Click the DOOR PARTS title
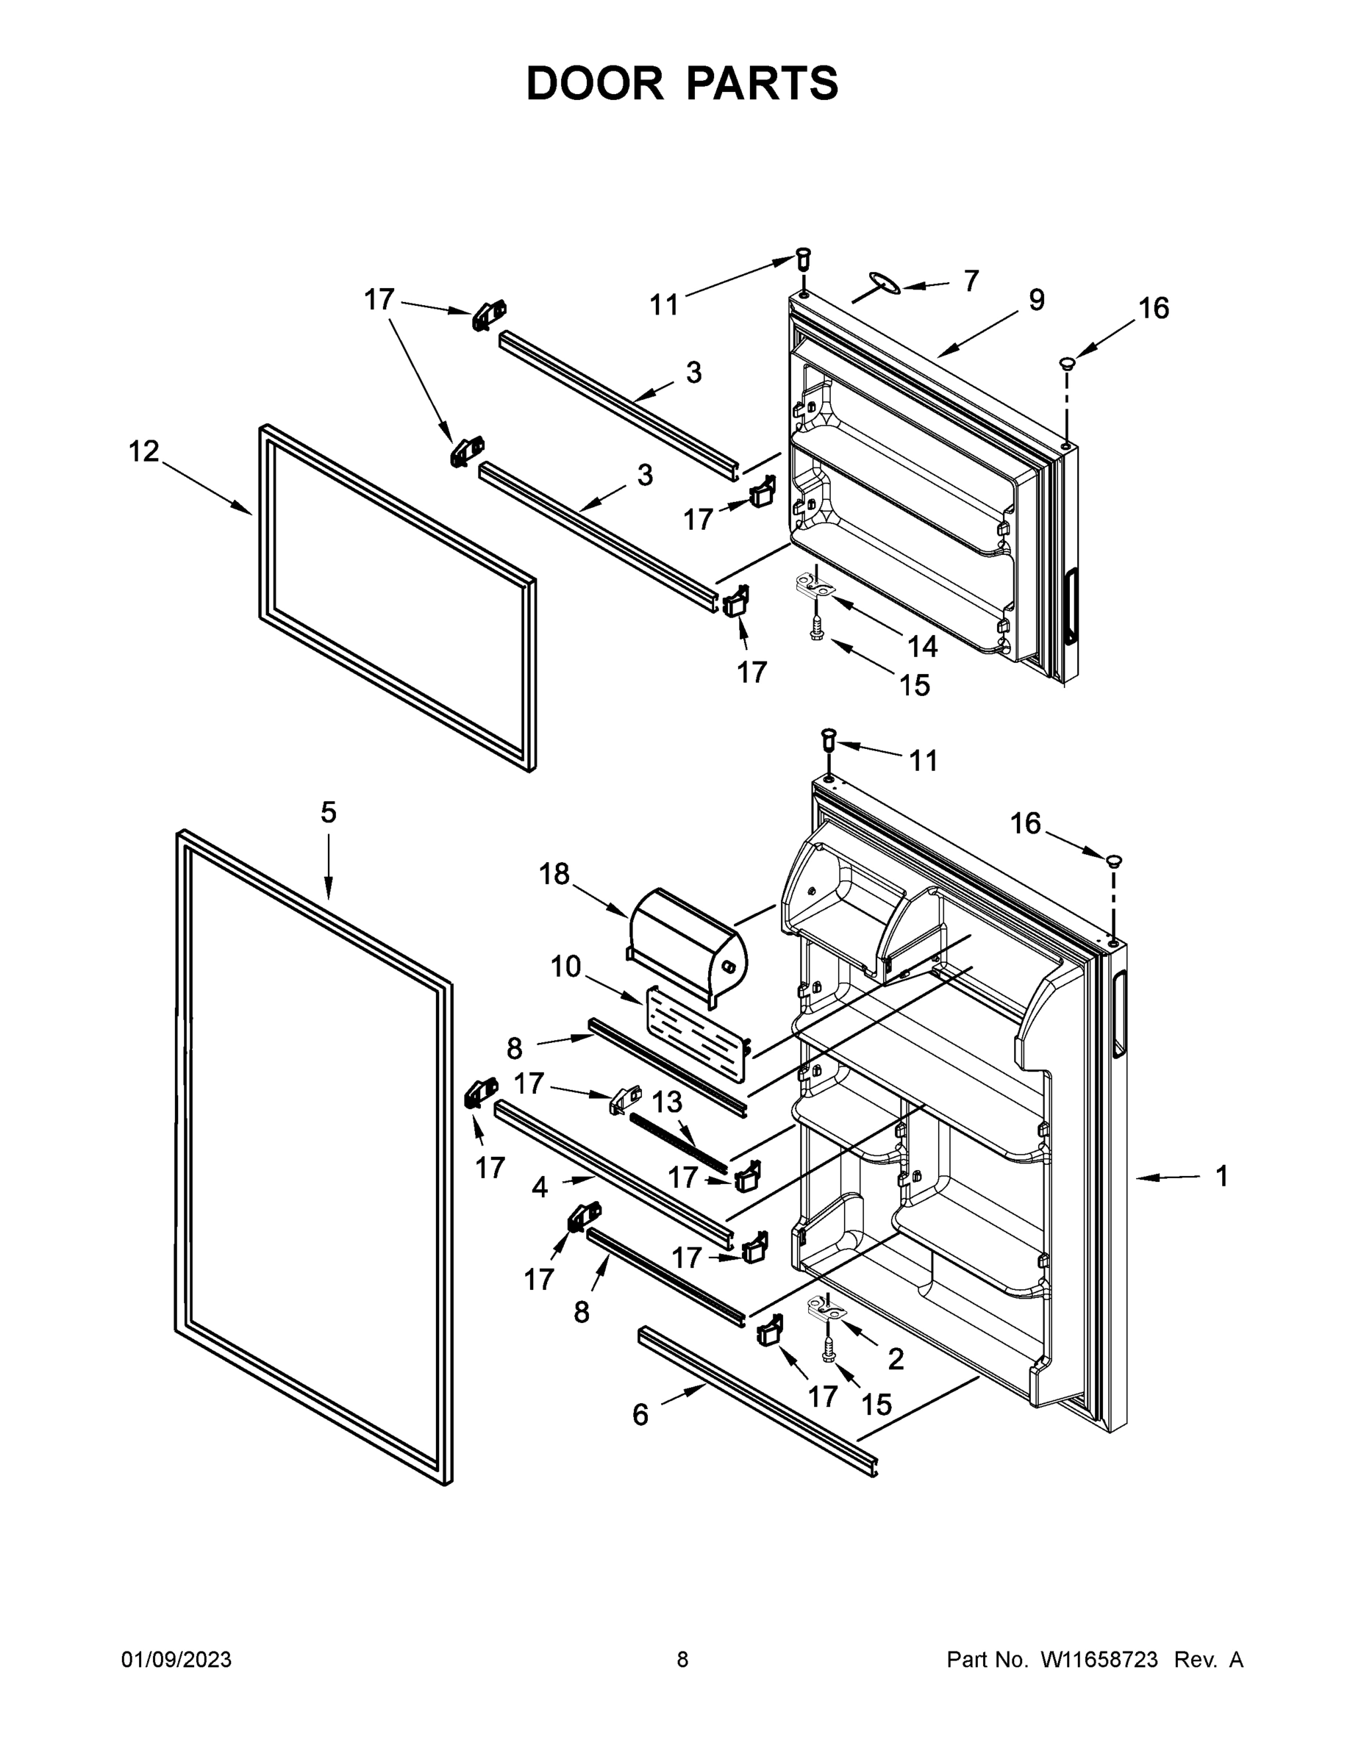click(x=682, y=84)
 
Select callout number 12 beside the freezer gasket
click(x=145, y=451)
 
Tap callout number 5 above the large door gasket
click(x=328, y=812)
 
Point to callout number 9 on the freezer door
click(x=1037, y=301)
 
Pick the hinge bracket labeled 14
click(x=818, y=585)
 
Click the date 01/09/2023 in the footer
click(x=176, y=1660)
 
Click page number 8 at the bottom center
click(x=682, y=1660)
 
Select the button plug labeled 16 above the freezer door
click(x=1068, y=364)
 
